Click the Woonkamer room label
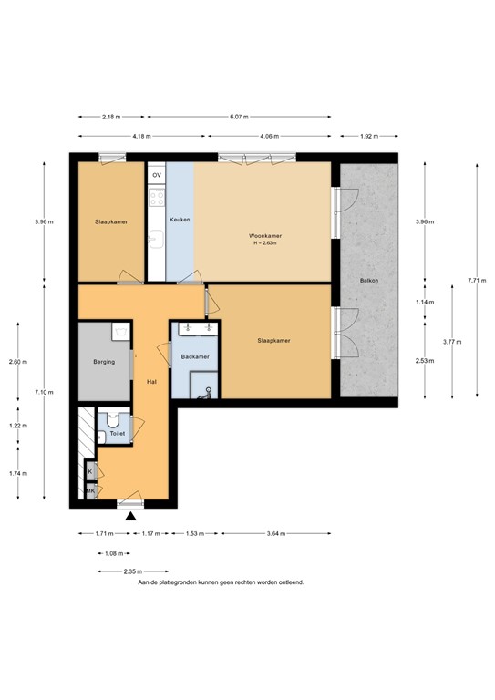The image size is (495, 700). tap(262, 236)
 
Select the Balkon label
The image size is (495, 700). tap(368, 281)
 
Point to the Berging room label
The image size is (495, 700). tap(104, 362)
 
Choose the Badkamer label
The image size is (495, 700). tap(195, 356)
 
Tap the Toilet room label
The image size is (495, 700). tap(117, 435)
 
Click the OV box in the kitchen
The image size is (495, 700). tap(157, 174)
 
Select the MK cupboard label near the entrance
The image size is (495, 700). tap(90, 491)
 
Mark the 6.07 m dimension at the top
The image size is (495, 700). tap(239, 117)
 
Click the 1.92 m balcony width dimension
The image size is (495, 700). tap(369, 136)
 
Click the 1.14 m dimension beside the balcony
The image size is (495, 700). tap(422, 302)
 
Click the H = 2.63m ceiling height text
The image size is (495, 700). tap(262, 243)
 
